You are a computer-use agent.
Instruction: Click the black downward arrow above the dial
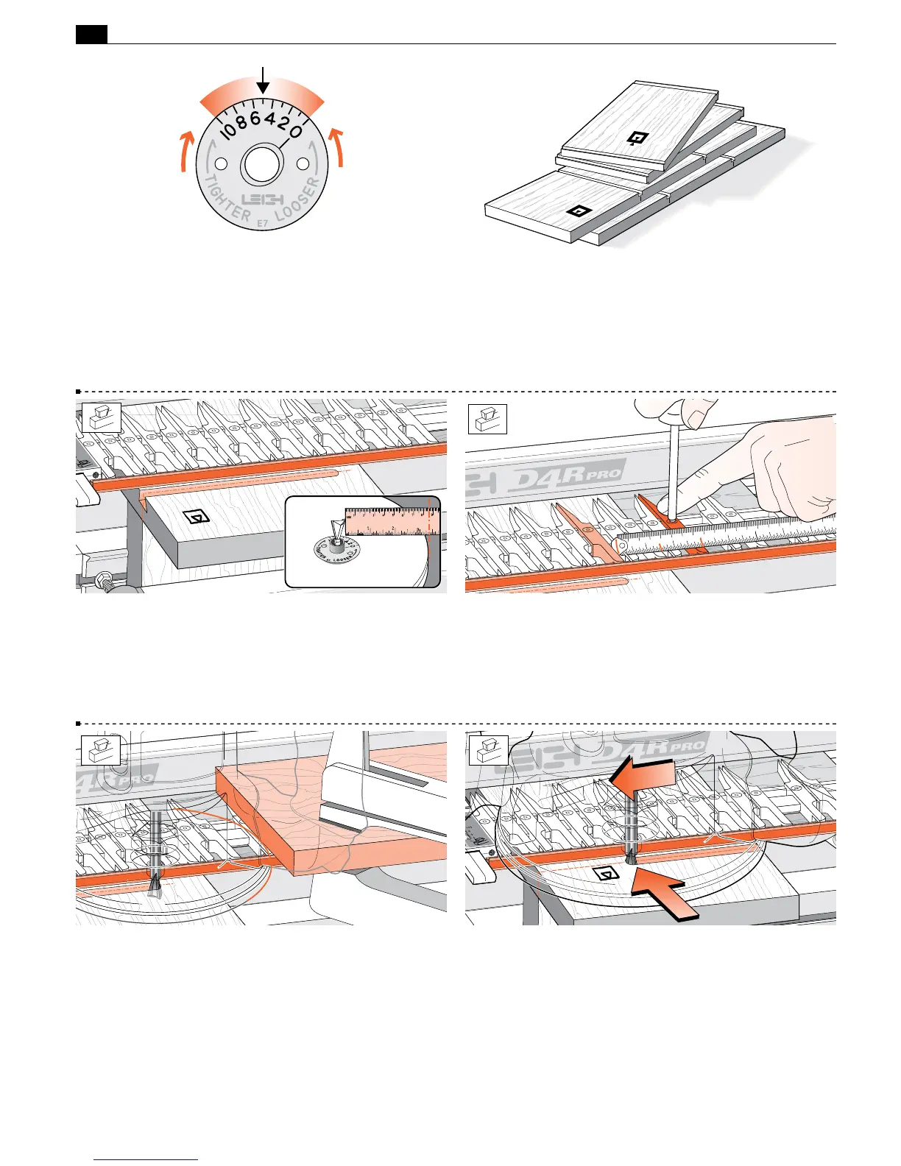click(263, 82)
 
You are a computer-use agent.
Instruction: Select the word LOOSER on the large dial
click(298, 200)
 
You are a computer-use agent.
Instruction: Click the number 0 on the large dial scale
click(294, 132)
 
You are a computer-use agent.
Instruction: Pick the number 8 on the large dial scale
click(241, 123)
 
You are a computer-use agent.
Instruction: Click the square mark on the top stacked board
click(638, 138)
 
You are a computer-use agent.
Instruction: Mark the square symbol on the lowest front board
click(581, 212)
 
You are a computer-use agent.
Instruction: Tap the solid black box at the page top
click(92, 34)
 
